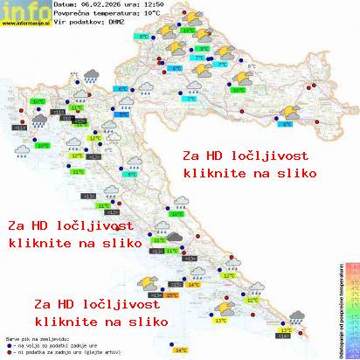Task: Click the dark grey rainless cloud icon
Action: (175, 236)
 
